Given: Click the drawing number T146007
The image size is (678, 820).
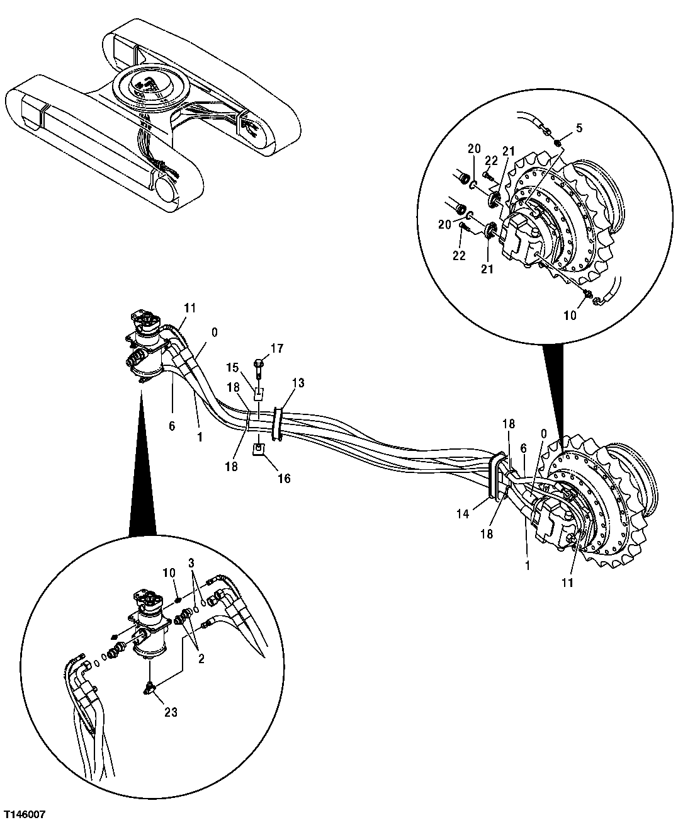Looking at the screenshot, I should (x=24, y=810).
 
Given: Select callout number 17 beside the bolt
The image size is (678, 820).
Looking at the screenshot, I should (x=278, y=348).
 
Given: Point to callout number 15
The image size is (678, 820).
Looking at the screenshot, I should (x=233, y=367).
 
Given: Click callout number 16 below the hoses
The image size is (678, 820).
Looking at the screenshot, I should (x=284, y=479).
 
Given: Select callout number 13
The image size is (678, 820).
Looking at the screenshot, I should (x=298, y=383).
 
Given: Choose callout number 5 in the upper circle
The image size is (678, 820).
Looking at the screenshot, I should (x=579, y=128).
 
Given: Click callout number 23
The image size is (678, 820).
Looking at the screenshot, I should (x=171, y=712).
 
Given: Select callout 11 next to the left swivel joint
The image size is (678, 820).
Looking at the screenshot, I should (x=190, y=307).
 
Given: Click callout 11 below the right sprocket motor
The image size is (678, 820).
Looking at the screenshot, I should (x=568, y=583).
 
